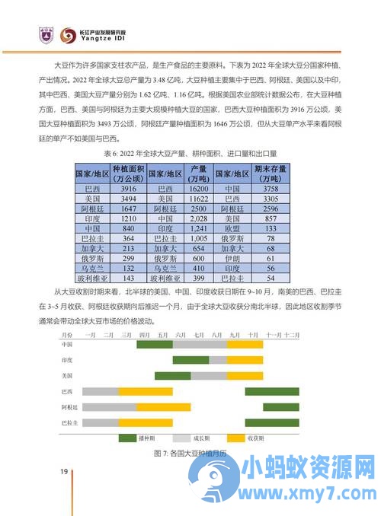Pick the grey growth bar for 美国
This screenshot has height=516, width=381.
coord(208,376)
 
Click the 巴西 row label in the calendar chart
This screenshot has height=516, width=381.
coord(68,392)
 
